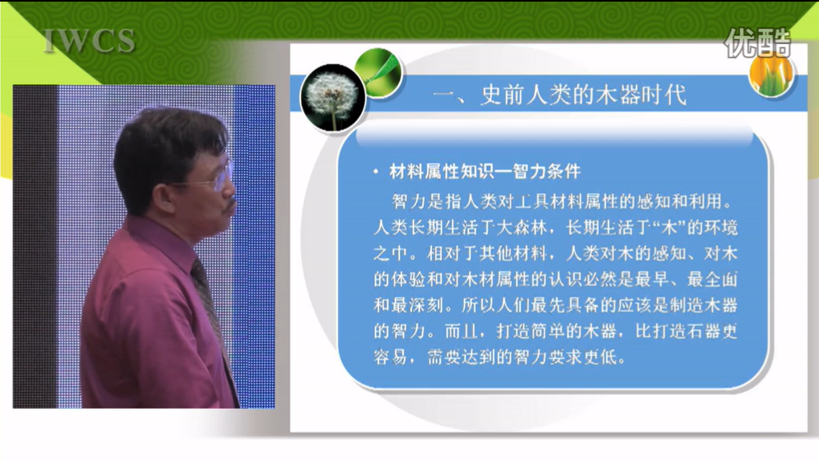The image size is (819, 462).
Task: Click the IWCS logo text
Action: tap(89, 41)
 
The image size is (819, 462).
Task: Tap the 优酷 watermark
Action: tap(757, 43)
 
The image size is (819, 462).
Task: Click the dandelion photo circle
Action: tap(332, 98)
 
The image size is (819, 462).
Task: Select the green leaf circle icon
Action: tap(377, 72)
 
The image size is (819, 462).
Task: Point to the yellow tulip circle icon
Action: tap(772, 75)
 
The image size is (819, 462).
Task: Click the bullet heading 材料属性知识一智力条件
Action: tap(485, 171)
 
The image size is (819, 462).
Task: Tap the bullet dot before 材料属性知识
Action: tap(376, 171)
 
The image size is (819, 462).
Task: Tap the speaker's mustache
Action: tap(230, 204)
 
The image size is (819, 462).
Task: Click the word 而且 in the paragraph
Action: tap(462, 331)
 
